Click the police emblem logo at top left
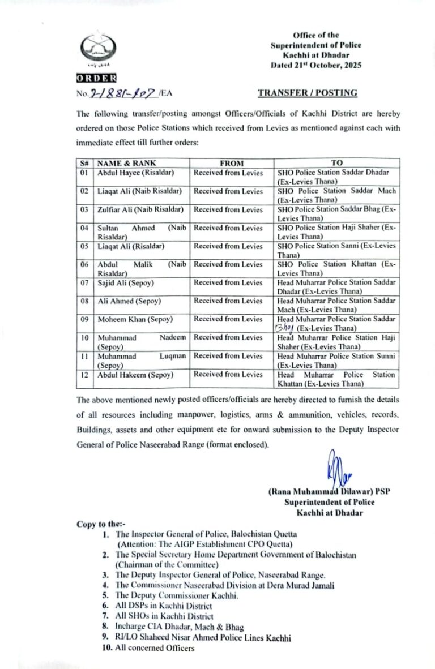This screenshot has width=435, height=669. [x=97, y=50]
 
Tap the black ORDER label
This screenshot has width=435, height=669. [x=97, y=78]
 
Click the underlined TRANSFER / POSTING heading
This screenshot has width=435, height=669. [x=308, y=93]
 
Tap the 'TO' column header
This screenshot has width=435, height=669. [x=336, y=163]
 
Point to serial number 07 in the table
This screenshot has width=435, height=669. [x=84, y=282]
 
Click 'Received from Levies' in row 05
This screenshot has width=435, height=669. [x=228, y=246]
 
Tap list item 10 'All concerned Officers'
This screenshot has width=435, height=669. [x=154, y=648]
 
